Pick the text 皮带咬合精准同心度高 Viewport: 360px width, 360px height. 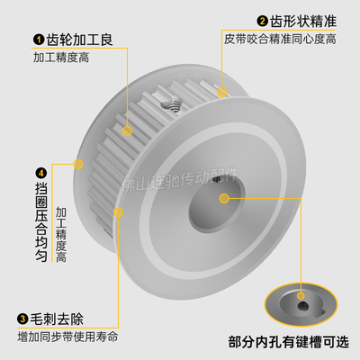[x=280, y=40]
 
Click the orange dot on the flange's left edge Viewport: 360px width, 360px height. [x=79, y=164]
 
